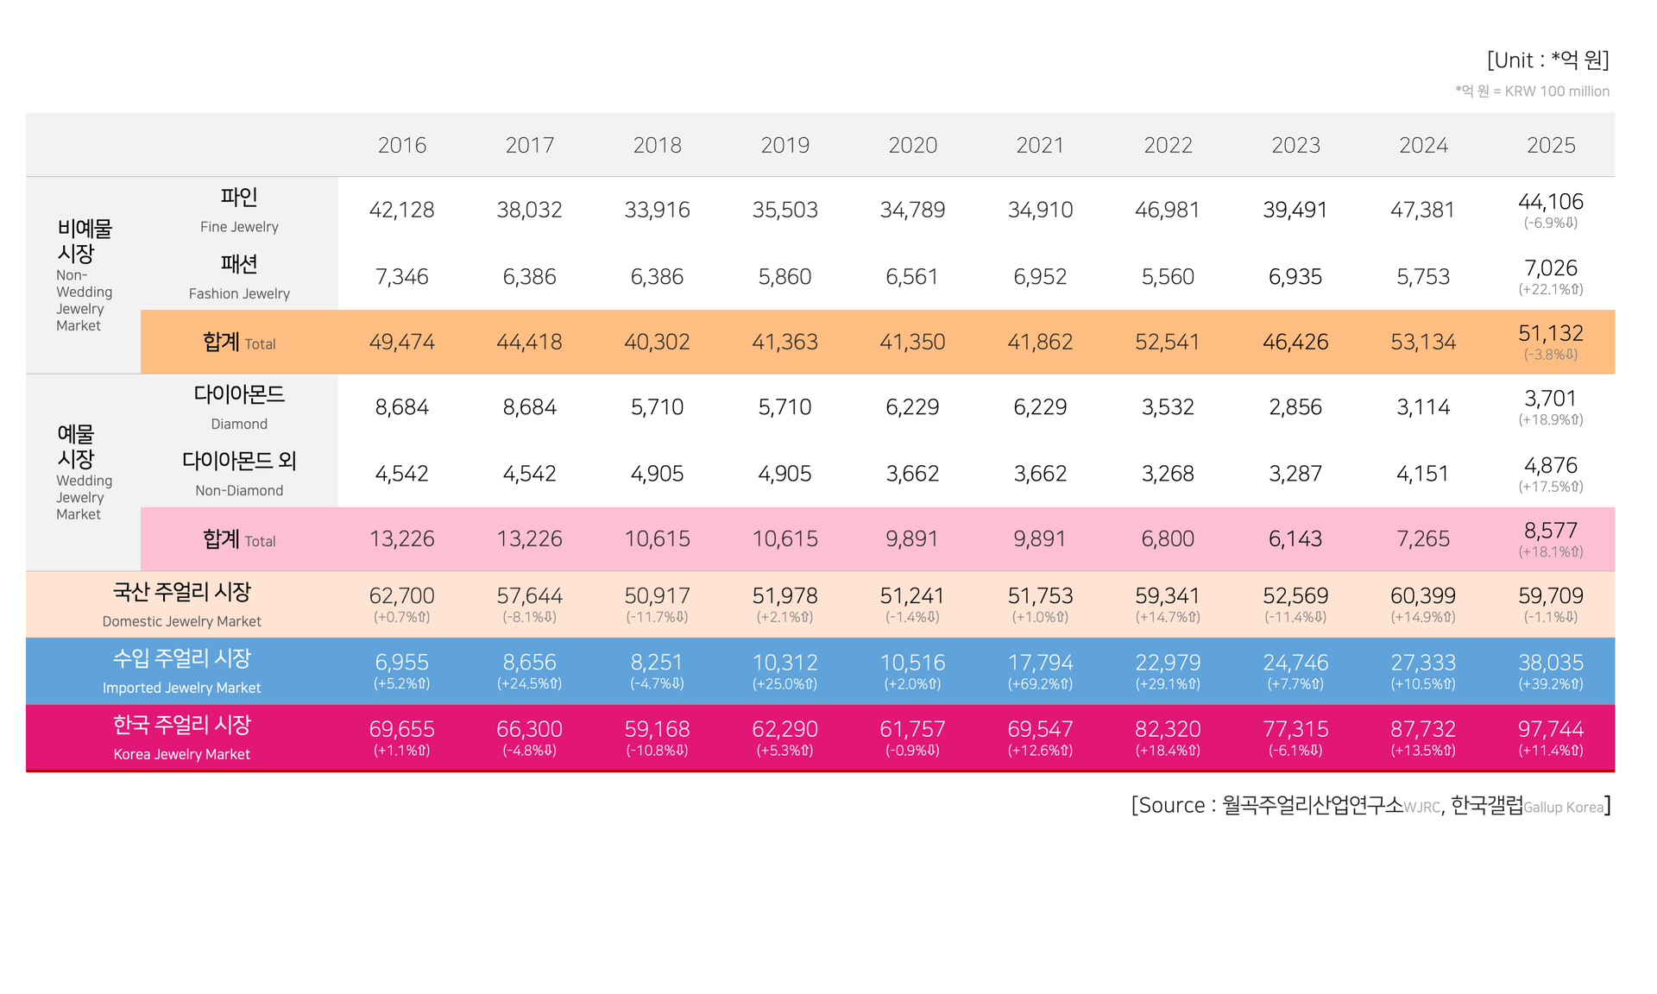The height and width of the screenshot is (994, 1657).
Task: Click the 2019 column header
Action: [784, 145]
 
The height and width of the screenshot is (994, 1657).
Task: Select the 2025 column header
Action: [1551, 145]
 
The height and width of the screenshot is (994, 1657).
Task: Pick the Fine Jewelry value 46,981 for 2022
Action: [1168, 210]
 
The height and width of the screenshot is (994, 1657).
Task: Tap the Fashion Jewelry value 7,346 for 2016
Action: [401, 277]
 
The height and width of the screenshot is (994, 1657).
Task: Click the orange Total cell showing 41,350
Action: [912, 343]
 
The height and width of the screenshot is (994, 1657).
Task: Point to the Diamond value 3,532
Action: [1168, 407]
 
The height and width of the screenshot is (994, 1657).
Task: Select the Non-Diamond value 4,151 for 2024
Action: [1423, 474]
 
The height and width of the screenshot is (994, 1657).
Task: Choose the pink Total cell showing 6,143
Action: [1295, 539]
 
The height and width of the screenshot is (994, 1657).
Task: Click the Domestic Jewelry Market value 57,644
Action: [529, 596]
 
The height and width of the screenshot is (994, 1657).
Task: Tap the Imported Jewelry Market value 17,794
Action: [1040, 663]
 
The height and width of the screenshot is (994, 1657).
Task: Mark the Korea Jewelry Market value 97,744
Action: [1551, 729]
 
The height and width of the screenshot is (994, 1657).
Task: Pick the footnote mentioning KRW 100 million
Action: [1532, 91]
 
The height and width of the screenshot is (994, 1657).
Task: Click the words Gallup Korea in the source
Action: [1563, 808]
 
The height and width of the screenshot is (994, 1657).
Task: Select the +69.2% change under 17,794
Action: [1040, 684]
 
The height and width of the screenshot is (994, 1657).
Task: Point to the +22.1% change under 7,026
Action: [1551, 290]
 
